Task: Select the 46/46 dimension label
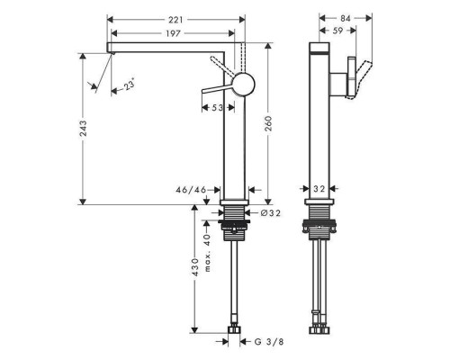pyautogui.click(x=193, y=190)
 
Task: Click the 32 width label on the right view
pyautogui.click(x=321, y=190)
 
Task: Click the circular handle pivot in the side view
pyautogui.click(x=244, y=85)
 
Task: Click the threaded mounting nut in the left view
pyautogui.click(x=235, y=223)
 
